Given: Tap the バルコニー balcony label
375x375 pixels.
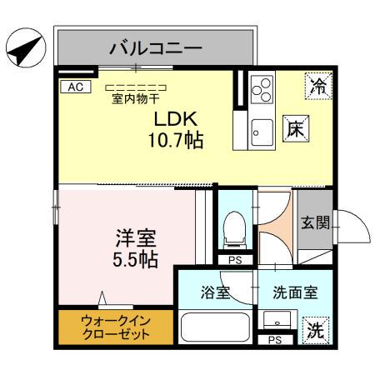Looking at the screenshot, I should point(155,47).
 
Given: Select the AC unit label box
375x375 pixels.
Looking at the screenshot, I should point(73,87).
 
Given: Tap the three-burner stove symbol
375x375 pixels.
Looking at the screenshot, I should point(262,87).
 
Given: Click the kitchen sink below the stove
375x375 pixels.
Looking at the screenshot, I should point(262,132).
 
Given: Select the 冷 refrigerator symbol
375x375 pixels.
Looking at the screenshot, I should point(317,84).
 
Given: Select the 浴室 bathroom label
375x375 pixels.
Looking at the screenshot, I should point(216,292).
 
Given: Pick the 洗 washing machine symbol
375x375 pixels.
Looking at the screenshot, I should point(314,329).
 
